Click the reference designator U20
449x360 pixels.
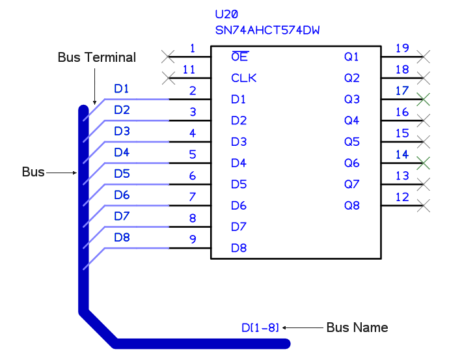[227, 14]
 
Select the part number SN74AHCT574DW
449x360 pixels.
[267, 30]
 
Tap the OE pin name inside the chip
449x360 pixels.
[239, 57]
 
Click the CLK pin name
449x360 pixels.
[244, 78]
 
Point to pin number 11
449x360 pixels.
[189, 70]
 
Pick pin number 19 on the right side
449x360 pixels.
[402, 48]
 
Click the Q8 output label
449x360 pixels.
[351, 206]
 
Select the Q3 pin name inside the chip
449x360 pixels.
[351, 100]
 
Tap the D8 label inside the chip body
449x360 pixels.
[239, 248]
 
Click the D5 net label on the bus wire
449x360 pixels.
[122, 174]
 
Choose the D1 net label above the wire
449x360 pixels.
[122, 89]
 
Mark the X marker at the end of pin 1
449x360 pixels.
[169, 57]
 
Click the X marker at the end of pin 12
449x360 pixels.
[424, 206]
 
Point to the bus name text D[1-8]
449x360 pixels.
[260, 327]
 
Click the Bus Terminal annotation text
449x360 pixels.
[97, 57]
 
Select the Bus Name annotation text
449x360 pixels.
[357, 327]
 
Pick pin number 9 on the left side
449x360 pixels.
[193, 240]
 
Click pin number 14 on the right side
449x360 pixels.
[402, 154]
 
